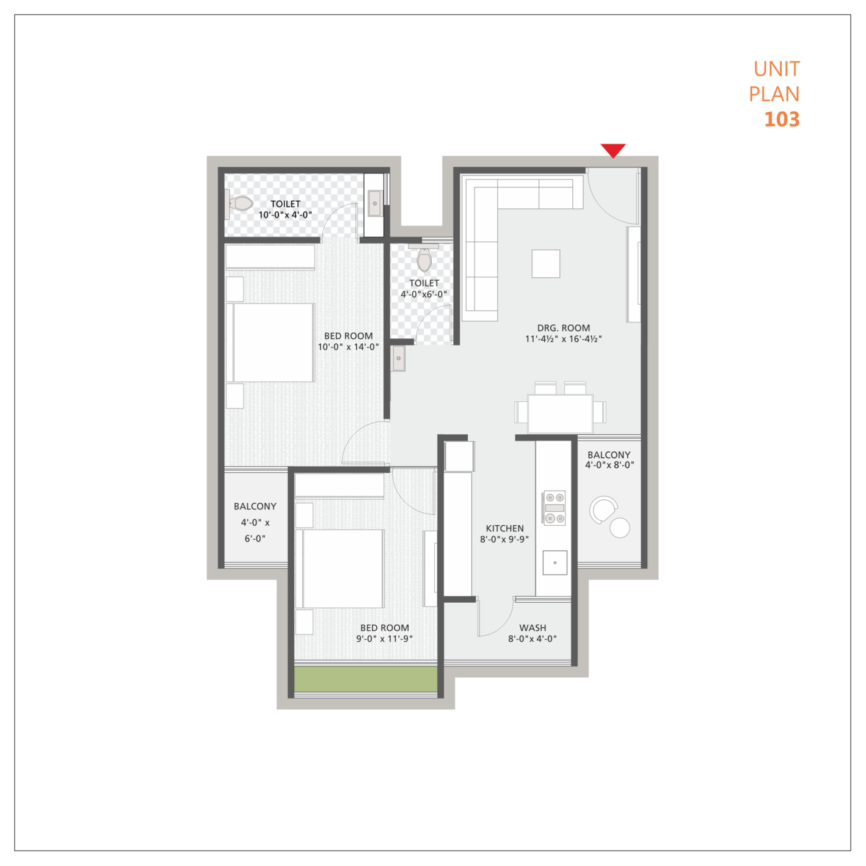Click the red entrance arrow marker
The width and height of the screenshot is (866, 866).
coord(613,150)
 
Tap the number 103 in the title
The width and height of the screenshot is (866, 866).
coord(782,120)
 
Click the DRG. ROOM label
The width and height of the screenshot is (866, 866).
coord(564,328)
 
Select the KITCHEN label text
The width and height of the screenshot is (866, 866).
coord(504,528)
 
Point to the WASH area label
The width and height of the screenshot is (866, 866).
coord(533,628)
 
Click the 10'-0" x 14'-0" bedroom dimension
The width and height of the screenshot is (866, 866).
coord(348,347)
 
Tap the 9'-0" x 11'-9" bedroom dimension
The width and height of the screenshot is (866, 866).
coord(384,639)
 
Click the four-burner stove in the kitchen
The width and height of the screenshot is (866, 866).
coord(554,508)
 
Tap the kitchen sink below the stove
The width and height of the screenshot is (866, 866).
coord(555,562)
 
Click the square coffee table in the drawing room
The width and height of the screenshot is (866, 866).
coord(545,264)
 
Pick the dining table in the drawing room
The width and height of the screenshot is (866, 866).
coord(560,413)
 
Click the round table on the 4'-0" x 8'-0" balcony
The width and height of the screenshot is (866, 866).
coord(620,528)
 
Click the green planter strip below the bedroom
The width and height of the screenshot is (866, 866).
coord(366,679)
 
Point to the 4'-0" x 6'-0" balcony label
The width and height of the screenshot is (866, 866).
coord(255,522)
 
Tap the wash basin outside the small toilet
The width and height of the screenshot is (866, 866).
coord(398,358)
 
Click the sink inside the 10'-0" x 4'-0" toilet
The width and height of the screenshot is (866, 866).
coord(375,203)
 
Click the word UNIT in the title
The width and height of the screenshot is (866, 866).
coord(777,69)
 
